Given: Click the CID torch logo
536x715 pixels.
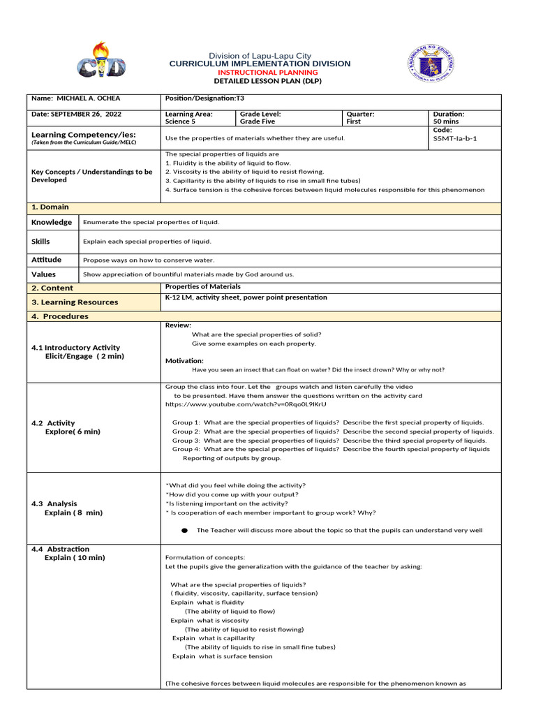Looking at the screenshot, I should pyautogui.click(x=101, y=61).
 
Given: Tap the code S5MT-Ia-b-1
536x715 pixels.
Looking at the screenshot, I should pyautogui.click(x=455, y=138).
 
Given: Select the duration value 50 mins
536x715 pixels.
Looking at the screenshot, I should pyautogui.click(x=446, y=121).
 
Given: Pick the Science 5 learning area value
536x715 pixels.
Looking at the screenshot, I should pyautogui.click(x=180, y=121).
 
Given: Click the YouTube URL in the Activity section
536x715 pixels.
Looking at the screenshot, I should pyautogui.click(x=245, y=404).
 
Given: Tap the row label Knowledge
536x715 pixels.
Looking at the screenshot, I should pyautogui.click(x=52, y=222).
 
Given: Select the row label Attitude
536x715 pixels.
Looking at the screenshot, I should pyautogui.click(x=46, y=260).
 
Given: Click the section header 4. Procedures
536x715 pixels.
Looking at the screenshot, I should pyautogui.click(x=60, y=316).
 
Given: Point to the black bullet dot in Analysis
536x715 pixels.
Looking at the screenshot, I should pyautogui.click(x=184, y=531).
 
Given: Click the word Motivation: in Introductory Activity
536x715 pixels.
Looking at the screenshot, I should pyautogui.click(x=184, y=360).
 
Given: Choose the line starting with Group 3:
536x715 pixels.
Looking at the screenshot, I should pyautogui.click(x=329, y=441).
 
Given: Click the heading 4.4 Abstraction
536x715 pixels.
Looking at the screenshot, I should pyautogui.click(x=61, y=549).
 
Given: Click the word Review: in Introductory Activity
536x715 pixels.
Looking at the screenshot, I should pyautogui.click(x=178, y=325).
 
